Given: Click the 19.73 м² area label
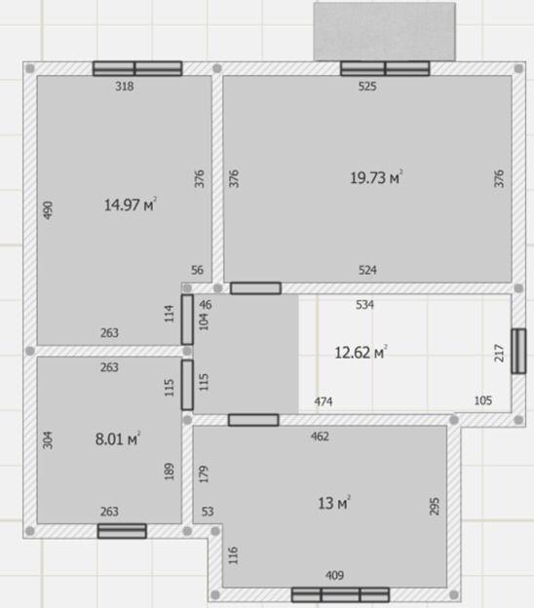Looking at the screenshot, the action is pos(376,177).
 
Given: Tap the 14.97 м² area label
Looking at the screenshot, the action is pos(130,205).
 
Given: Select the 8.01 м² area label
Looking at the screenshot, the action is pos(118,438).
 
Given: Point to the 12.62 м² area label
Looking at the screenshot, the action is pos(361,353).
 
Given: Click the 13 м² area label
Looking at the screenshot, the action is pos(334,503).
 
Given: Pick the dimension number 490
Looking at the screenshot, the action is pos(48,209).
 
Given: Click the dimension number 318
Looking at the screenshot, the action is pos(124,86).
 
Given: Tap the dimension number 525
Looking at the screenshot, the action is pos(367,86).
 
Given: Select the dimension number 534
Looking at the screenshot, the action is pos(364,305).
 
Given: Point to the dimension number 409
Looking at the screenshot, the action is pos(334,575).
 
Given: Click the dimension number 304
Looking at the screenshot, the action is pos(48,440).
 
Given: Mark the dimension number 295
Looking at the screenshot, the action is pos(435,507).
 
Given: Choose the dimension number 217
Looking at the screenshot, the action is pos(500,353).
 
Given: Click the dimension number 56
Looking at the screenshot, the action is pos(197,270).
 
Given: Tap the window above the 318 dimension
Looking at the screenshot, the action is pos(137,68).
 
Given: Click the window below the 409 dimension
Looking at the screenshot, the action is pos(340,594).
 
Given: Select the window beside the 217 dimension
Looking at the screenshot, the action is pos(518,351).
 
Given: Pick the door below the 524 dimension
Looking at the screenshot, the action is pos(255,288).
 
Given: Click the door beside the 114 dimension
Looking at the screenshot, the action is pos(187,320).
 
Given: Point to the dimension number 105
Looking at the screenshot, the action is pos(483,400).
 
